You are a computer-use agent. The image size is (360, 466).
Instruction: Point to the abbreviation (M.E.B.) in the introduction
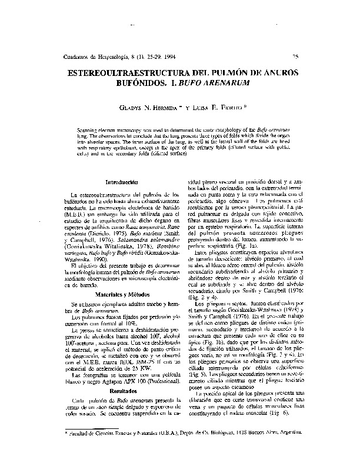click(x=82, y=214)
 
